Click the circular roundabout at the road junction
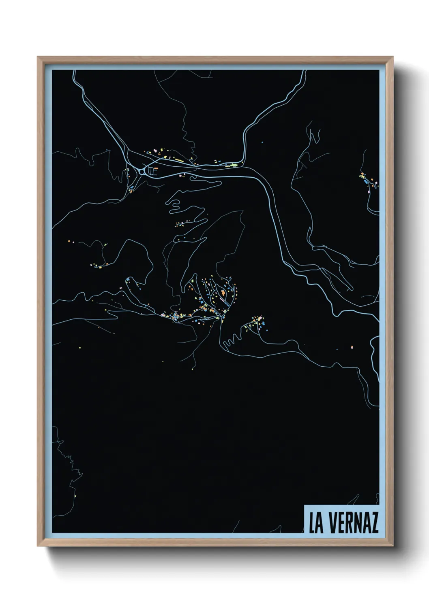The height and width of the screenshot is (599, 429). click(142, 172)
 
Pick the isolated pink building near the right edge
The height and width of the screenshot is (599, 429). click(352, 347)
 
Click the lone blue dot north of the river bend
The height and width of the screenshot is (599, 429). click(262, 142)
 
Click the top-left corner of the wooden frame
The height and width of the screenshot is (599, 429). click(38, 57)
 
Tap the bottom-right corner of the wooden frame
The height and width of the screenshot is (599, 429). click(393, 546)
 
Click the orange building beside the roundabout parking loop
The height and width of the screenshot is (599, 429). click(156, 168)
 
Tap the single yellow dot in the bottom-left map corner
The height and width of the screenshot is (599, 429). click(75, 496)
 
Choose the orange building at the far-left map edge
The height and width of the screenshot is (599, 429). click(69, 242)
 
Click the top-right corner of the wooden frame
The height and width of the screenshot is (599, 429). click(393, 57)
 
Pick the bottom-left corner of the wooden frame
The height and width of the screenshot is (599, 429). click(38, 546)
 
